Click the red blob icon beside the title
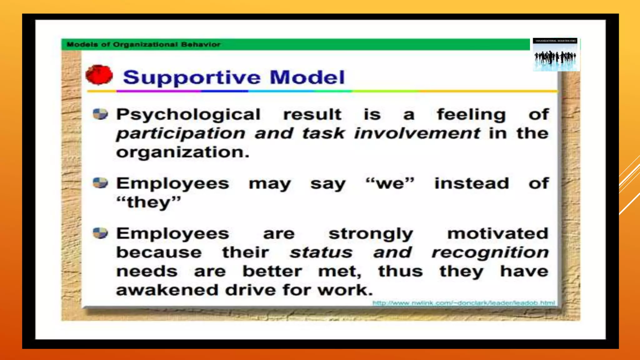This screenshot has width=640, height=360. [x=99, y=75]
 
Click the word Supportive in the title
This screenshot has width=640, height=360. [x=191, y=77]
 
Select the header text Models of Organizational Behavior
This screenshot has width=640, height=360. [x=143, y=44]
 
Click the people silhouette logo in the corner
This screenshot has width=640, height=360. [x=556, y=55]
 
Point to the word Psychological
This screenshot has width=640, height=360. [x=188, y=115]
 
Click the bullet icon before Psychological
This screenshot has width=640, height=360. [x=100, y=114]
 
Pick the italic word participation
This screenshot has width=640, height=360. [x=181, y=133]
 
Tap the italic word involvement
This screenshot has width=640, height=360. [x=417, y=133]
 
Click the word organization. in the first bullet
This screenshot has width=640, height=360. [x=183, y=152]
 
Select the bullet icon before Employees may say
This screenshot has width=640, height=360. [x=100, y=183]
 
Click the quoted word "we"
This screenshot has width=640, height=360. [x=390, y=183]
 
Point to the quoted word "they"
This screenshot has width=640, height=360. [x=148, y=202]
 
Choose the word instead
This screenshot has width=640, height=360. [x=472, y=183]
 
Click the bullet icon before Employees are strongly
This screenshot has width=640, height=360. [x=100, y=233]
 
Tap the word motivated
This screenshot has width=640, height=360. [x=498, y=233]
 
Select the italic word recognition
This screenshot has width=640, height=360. [x=490, y=252]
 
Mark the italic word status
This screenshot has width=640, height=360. [x=321, y=252]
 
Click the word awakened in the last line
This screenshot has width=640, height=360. [x=167, y=290]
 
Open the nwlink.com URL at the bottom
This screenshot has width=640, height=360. [x=463, y=303]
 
